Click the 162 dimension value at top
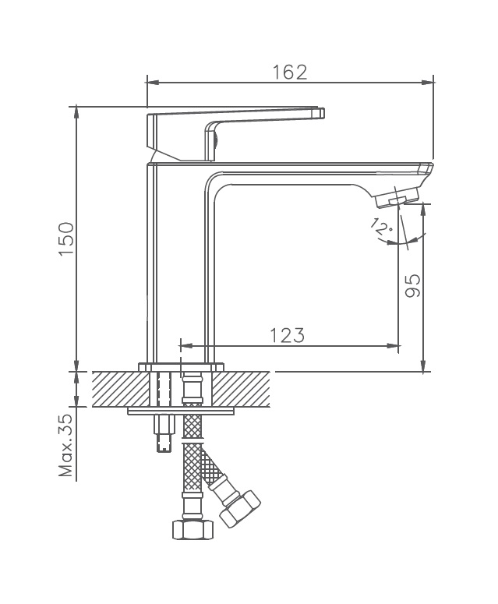click(x=290, y=72)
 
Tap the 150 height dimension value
click(x=66, y=238)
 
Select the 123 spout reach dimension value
click(x=287, y=335)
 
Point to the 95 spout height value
click(x=413, y=285)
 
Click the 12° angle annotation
click(x=381, y=227)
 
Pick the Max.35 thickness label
click(x=66, y=445)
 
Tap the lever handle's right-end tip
click(x=324, y=113)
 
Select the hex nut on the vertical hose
click(x=192, y=530)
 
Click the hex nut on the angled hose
click(x=240, y=509)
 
